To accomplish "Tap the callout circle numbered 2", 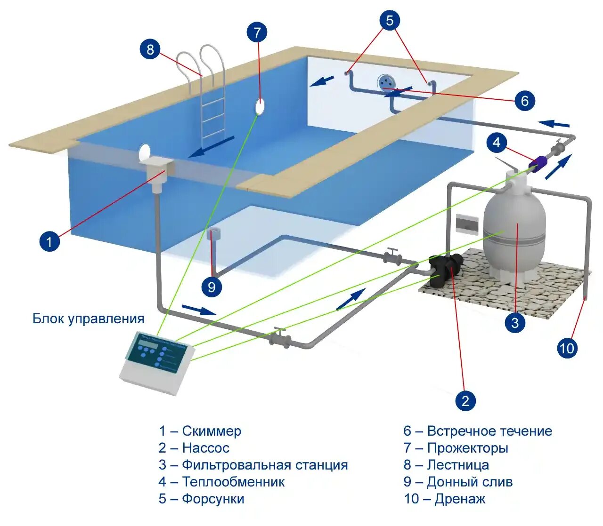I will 465,400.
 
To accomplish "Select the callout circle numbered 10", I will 567,348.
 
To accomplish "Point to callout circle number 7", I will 257,32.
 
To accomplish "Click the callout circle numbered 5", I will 389,20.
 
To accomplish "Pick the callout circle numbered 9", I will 212,287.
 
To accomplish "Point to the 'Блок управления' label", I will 89,319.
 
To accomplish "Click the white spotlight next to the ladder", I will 260,107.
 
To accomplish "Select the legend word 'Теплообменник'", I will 233,482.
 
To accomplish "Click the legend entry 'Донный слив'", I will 469,482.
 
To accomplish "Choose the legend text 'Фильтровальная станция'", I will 265,465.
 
